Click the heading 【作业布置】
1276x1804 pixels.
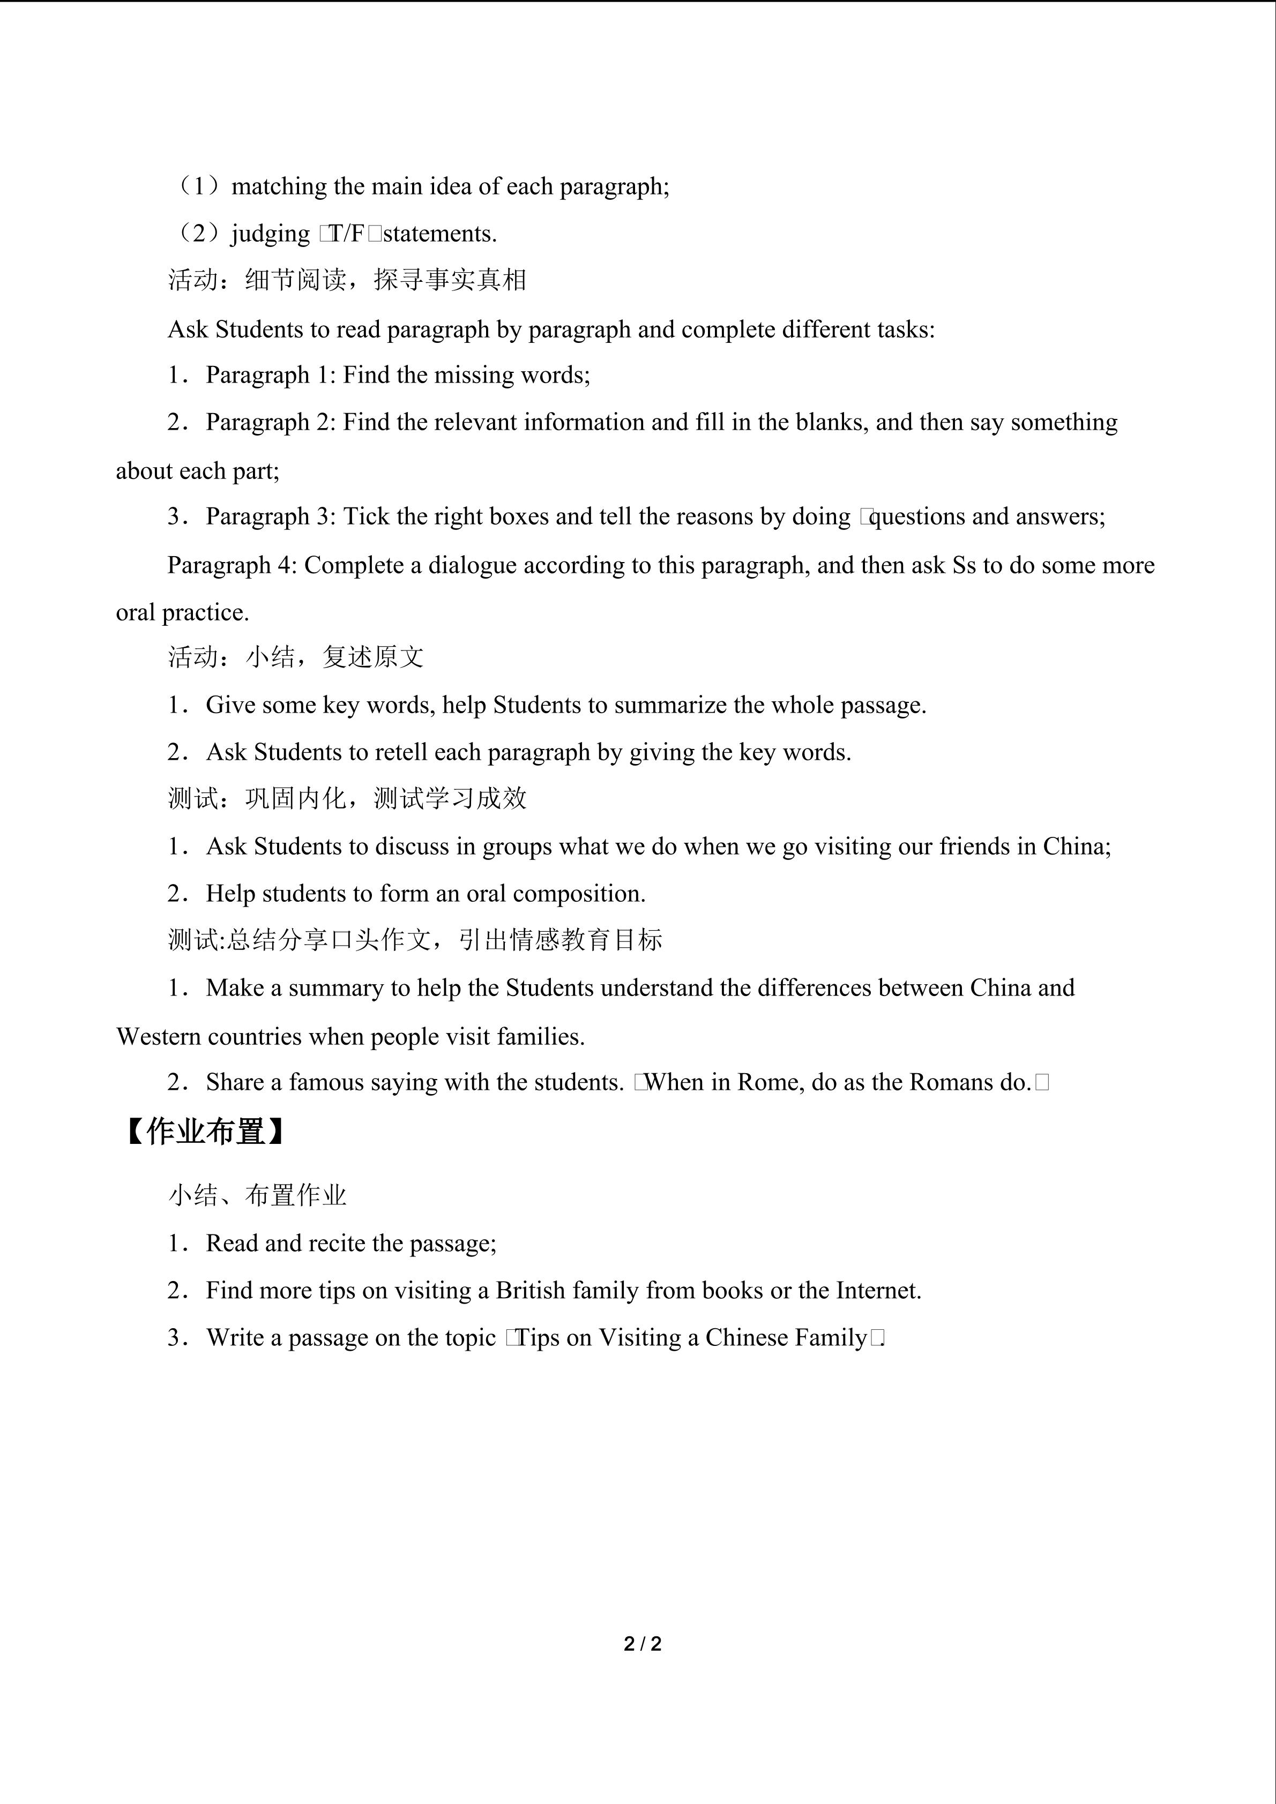point(205,1132)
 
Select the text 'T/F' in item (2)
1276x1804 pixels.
point(347,234)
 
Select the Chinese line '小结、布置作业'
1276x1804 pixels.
point(257,1196)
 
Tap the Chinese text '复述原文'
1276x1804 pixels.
point(372,657)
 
